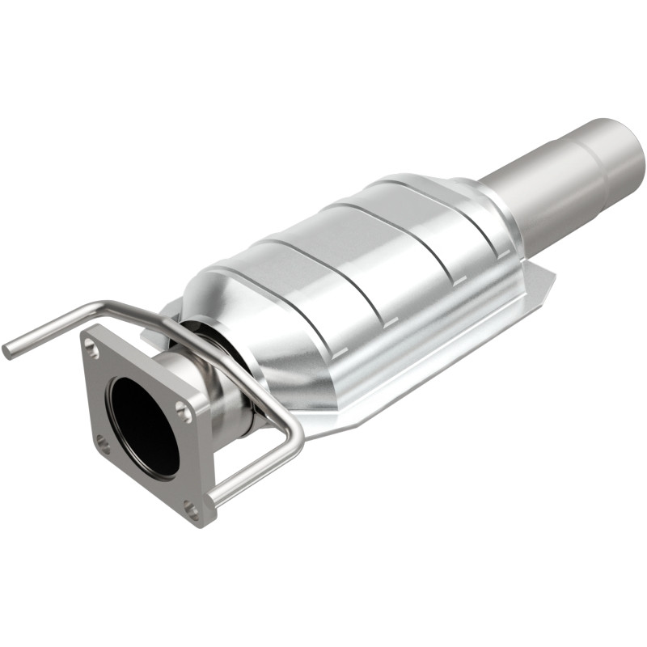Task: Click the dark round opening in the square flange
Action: point(143,424)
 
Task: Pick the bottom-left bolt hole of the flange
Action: point(103,442)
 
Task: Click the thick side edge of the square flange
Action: point(206,461)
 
